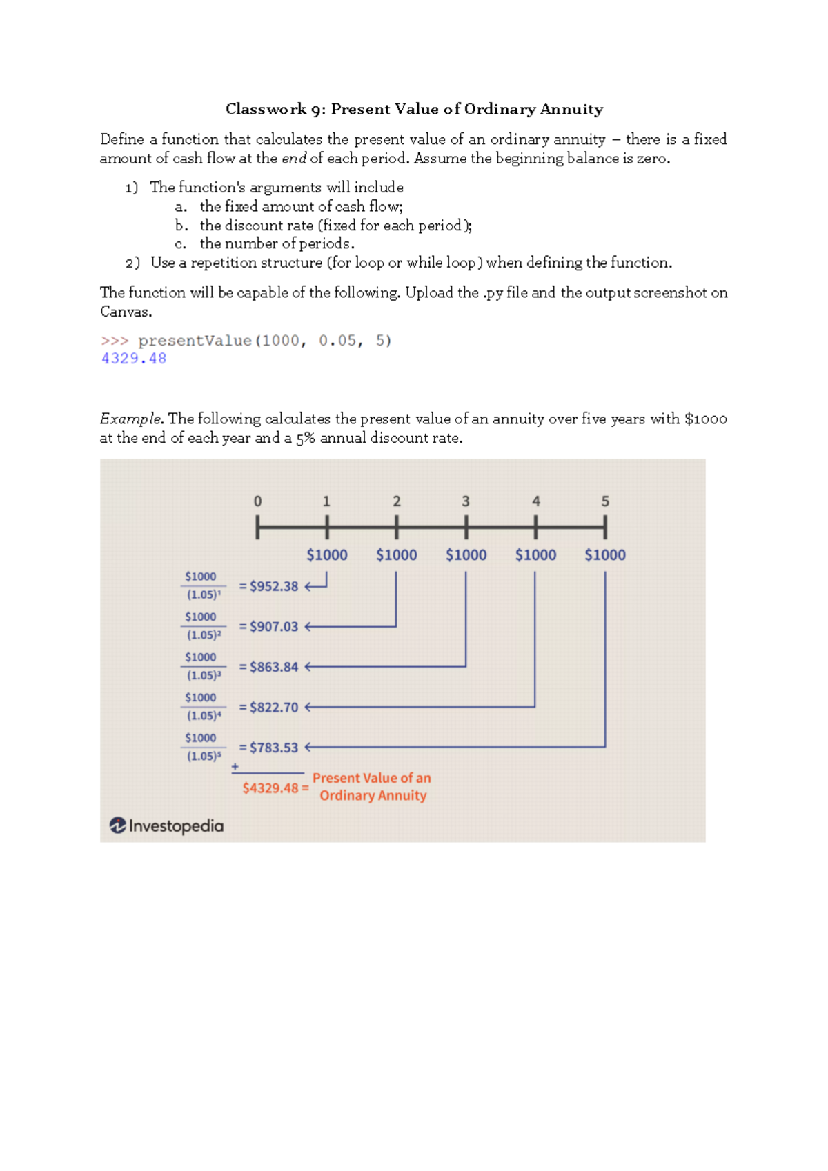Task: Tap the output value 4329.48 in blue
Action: point(134,359)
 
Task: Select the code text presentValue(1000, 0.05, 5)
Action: point(264,341)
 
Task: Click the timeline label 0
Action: point(257,501)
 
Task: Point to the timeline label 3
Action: point(466,501)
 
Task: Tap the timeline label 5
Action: point(605,501)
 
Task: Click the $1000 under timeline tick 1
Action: point(327,555)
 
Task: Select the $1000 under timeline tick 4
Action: point(535,555)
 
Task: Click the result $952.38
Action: point(273,586)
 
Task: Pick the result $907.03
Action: point(273,627)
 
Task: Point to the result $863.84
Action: point(273,667)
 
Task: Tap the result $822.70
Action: point(273,708)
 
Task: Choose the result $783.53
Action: point(273,748)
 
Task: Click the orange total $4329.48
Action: point(270,788)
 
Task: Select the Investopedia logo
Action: point(166,825)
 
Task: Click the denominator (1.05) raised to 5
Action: point(204,757)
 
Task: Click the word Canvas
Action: point(125,312)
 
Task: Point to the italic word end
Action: point(294,159)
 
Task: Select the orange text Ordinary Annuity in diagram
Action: point(373,796)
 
